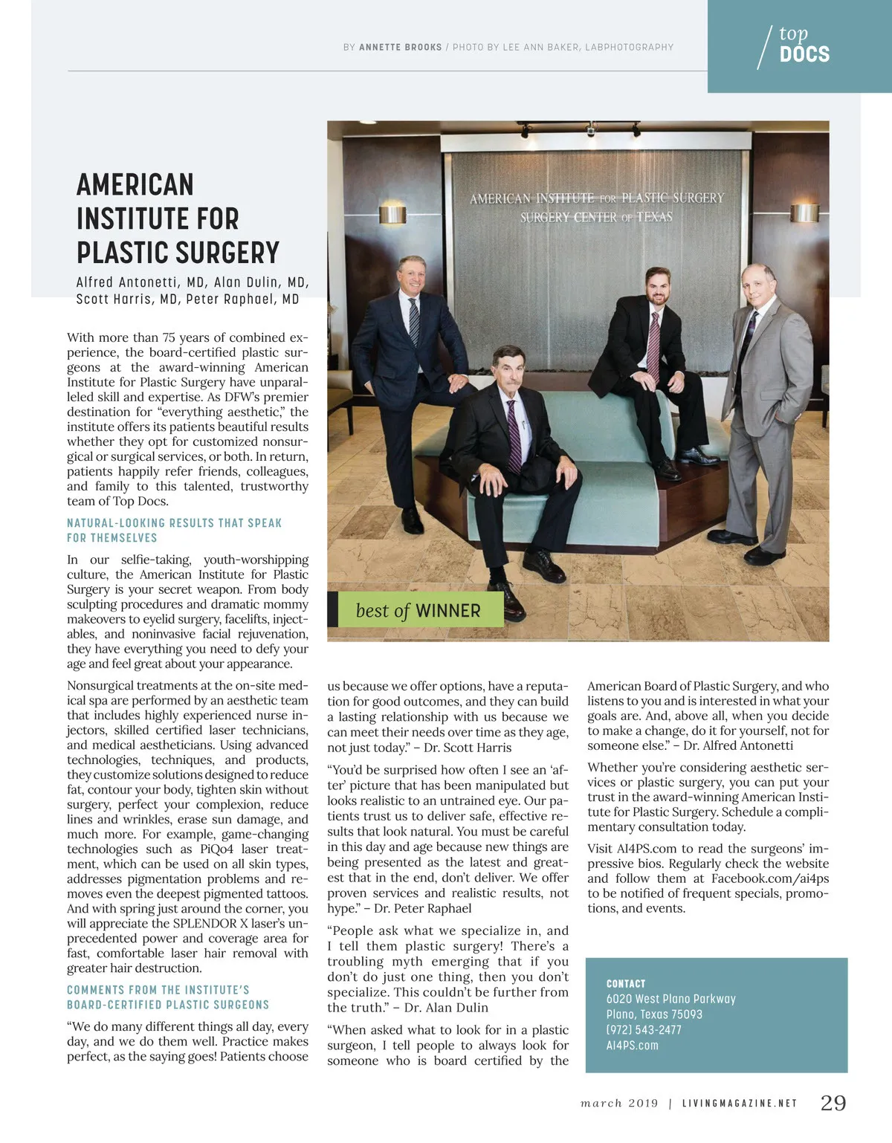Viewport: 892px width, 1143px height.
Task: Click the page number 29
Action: click(x=833, y=1103)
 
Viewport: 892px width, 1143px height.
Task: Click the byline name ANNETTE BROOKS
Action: click(x=400, y=48)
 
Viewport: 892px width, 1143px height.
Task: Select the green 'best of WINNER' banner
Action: click(x=418, y=610)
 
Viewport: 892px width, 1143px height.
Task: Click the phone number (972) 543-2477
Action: click(x=643, y=1030)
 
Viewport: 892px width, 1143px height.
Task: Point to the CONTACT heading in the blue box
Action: click(x=626, y=983)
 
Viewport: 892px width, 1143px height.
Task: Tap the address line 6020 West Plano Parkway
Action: click(x=670, y=999)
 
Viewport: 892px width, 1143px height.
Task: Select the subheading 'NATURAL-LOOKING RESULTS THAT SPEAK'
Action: click(x=174, y=523)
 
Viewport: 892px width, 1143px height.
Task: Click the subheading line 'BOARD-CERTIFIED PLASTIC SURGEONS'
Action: click(x=168, y=1005)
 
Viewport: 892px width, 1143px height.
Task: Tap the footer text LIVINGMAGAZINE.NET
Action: click(x=739, y=1104)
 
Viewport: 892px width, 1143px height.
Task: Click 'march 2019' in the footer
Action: click(x=619, y=1104)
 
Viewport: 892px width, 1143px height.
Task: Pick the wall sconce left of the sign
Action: click(x=392, y=215)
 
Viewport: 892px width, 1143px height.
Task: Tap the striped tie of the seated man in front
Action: click(x=513, y=435)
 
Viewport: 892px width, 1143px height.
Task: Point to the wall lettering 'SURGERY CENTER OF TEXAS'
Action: click(x=595, y=218)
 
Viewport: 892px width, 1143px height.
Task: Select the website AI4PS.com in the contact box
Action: click(x=632, y=1046)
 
